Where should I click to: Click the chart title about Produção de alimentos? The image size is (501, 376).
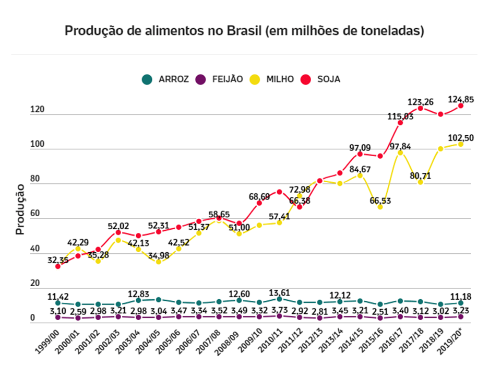pyautogui.click(x=244, y=31)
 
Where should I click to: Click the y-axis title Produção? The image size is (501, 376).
pyautogui.click(x=20, y=208)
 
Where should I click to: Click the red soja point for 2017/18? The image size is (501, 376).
pyautogui.click(x=420, y=108)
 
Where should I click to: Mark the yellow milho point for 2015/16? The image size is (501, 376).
pyautogui.click(x=380, y=207)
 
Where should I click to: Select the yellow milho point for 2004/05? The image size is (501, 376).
pyautogui.click(x=158, y=262)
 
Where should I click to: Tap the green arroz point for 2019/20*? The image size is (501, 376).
pyautogui.click(x=461, y=303)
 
